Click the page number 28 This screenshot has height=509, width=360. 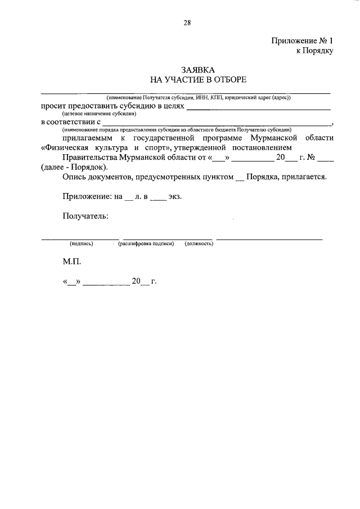pyautogui.click(x=187, y=23)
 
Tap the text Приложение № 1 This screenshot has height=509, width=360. pyautogui.click(x=303, y=40)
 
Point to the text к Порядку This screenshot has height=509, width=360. pyautogui.click(x=315, y=51)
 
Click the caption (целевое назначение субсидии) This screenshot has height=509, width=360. pyautogui.click(x=100, y=114)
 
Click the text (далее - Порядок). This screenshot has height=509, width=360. pyautogui.click(x=74, y=168)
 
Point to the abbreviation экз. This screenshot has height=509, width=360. pyautogui.click(x=174, y=197)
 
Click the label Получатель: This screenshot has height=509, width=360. pyautogui.click(x=85, y=217)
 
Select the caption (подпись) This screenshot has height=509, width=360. pyautogui.click(x=81, y=244)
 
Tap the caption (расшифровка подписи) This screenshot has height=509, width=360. pyautogui.click(x=146, y=244)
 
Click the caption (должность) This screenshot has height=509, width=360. pyautogui.click(x=198, y=244)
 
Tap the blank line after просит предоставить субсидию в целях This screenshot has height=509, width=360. pyautogui.click(x=259, y=107)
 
